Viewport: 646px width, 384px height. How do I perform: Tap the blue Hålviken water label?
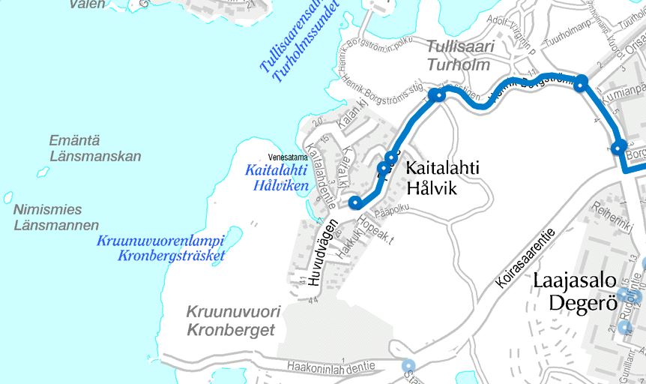(x=279, y=184)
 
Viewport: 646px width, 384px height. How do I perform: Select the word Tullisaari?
(x=460, y=47)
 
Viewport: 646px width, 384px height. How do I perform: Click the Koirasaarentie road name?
(x=526, y=259)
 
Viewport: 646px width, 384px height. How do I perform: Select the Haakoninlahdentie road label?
(x=330, y=367)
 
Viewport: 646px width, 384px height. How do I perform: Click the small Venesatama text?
(x=289, y=157)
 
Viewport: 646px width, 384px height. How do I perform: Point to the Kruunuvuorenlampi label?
(x=160, y=241)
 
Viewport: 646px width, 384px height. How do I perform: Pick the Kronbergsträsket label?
(x=171, y=256)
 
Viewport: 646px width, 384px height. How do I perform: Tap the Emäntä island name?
(x=74, y=140)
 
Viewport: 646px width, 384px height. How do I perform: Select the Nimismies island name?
(x=47, y=209)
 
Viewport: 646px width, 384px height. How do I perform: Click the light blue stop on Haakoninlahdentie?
(x=408, y=365)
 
